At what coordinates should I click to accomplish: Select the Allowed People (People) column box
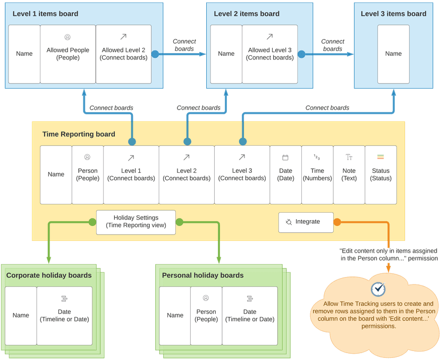67,54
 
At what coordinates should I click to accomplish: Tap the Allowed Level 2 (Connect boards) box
123,54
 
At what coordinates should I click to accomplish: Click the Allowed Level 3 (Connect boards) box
269,54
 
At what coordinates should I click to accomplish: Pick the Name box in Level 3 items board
393,54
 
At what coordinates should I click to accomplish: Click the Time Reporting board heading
79,135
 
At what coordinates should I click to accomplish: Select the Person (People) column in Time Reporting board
88,174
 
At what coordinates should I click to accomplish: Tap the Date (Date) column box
285,174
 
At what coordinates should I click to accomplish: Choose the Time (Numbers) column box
317,174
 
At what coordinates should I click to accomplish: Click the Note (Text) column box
349,174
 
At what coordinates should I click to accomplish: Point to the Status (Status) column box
380,174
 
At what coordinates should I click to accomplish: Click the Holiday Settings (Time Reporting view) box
136,222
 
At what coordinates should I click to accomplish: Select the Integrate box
306,222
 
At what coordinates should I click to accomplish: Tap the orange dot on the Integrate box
337,222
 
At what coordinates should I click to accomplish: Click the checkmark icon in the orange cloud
378,289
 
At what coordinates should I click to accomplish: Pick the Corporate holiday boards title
49,275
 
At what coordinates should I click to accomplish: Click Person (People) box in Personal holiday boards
206,315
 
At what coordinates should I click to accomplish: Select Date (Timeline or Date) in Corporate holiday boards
64,315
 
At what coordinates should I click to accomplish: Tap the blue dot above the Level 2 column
187,141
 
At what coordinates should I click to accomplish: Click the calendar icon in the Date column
285,157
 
